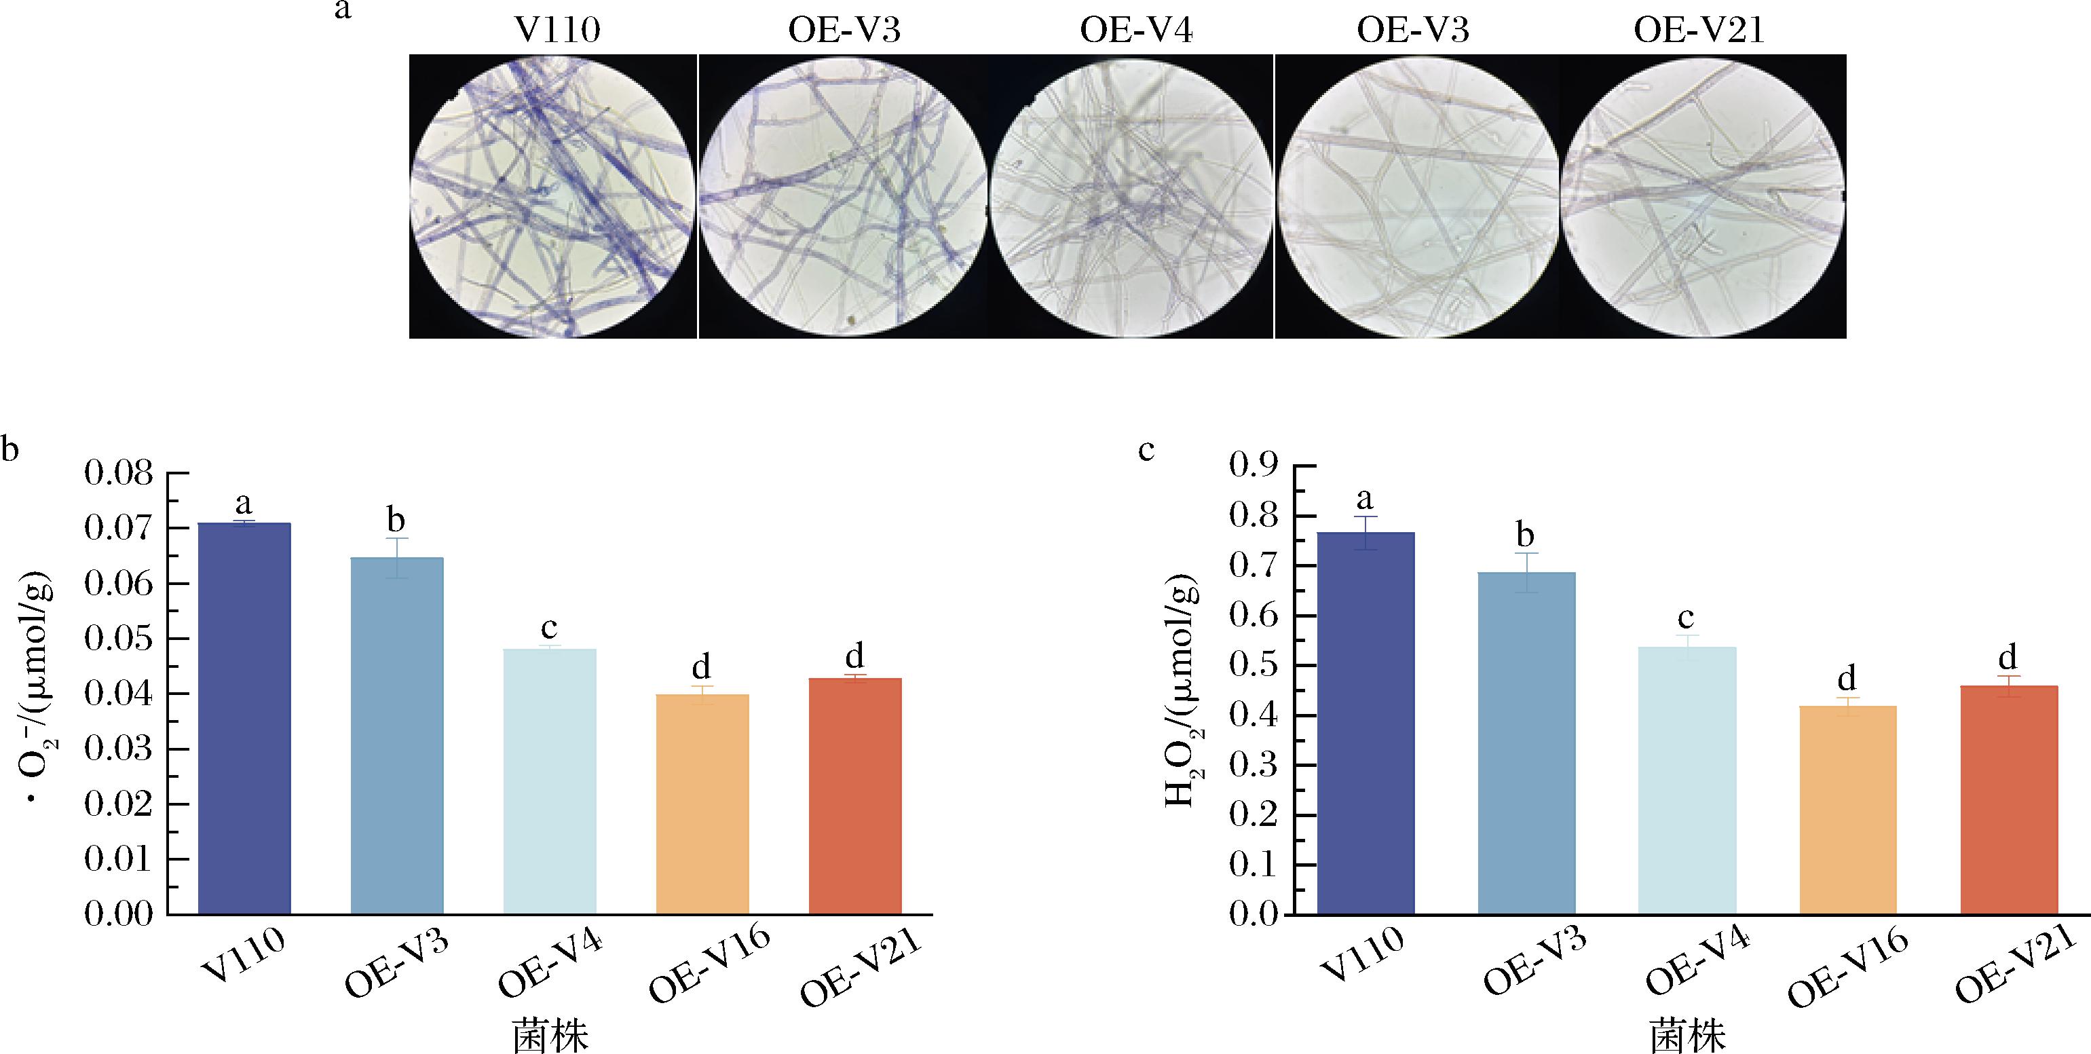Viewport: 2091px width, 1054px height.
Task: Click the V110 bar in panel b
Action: point(244,719)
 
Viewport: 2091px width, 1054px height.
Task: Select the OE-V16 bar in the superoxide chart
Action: point(702,804)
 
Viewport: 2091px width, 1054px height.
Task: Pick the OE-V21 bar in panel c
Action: point(2009,800)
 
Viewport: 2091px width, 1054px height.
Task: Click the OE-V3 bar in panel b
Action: point(397,736)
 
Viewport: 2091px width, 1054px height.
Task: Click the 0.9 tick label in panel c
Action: point(1254,466)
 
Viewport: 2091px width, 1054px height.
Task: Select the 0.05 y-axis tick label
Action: point(119,639)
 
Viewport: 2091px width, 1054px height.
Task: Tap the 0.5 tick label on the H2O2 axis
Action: point(1254,666)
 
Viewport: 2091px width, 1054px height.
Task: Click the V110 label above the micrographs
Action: point(558,31)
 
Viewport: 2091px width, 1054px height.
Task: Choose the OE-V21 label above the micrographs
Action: point(1699,31)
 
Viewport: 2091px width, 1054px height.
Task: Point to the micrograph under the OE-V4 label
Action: point(1131,197)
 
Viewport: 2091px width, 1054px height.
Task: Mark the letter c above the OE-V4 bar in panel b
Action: point(549,628)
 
